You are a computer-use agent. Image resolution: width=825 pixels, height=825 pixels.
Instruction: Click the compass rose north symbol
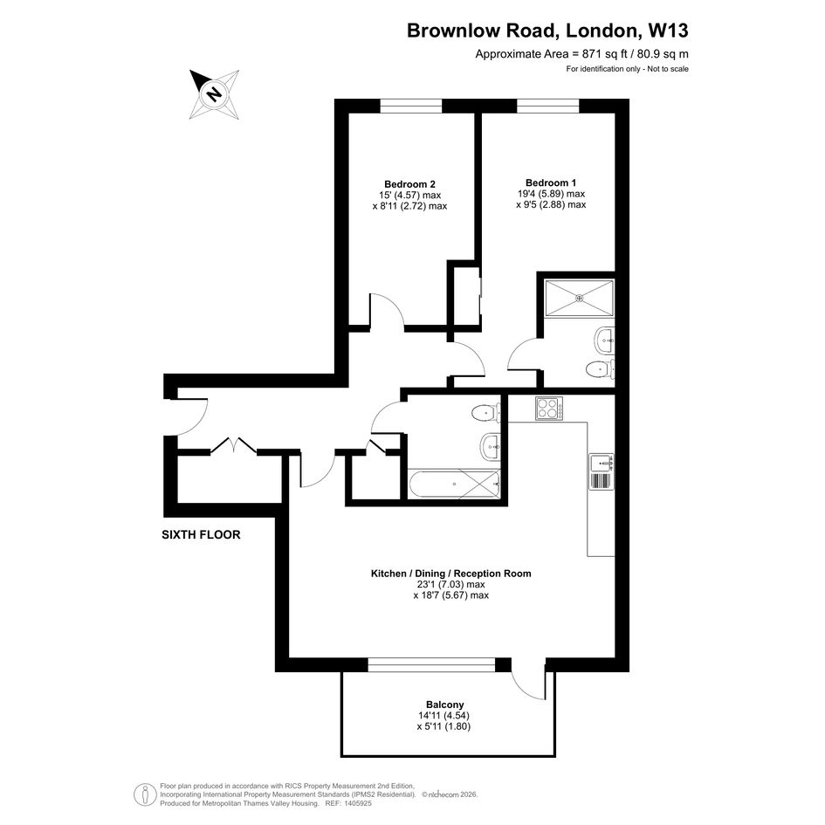(x=214, y=94)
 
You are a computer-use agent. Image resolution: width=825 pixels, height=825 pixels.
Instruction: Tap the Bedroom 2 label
(x=409, y=184)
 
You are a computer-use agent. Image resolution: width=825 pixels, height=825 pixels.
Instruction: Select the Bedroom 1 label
(x=550, y=182)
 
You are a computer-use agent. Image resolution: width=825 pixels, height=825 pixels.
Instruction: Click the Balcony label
(x=444, y=705)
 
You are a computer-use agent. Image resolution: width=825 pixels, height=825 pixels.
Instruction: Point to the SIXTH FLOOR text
(x=201, y=534)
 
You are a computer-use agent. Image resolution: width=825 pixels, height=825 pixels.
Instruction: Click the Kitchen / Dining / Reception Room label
(x=450, y=574)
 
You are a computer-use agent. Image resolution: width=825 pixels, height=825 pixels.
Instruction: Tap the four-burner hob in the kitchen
(x=549, y=409)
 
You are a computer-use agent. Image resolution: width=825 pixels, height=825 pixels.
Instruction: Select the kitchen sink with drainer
(x=601, y=472)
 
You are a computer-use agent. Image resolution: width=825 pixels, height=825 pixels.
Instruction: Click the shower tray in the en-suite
(x=580, y=299)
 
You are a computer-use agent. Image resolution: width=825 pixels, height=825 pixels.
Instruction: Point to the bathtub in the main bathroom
(x=454, y=484)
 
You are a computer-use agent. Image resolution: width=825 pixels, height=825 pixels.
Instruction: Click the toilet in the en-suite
(x=600, y=369)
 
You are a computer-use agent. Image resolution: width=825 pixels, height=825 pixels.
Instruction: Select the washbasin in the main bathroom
(x=491, y=447)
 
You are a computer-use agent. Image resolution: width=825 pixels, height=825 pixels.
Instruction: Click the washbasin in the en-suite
(x=604, y=340)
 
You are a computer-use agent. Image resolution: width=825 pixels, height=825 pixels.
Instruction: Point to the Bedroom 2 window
(x=411, y=107)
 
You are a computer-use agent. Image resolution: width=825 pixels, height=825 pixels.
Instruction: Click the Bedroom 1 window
(x=547, y=107)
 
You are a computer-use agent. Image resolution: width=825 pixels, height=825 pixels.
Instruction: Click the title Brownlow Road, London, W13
(x=547, y=31)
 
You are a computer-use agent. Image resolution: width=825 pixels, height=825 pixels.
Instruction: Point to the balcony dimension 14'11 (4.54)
(x=443, y=716)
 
